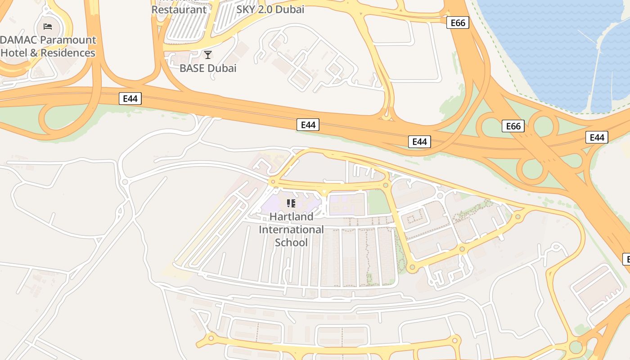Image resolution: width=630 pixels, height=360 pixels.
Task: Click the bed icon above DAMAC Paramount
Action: tap(47, 26)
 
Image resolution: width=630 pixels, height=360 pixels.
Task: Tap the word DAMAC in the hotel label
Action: tap(18, 40)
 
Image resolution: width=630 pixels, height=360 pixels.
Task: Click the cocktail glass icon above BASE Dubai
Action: tap(208, 55)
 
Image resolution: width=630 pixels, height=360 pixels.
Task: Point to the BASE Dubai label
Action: tap(208, 68)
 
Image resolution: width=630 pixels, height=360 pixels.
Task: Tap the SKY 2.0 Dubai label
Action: tap(270, 9)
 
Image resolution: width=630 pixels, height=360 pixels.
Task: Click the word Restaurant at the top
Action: tap(179, 9)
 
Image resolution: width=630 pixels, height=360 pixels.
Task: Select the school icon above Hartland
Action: tap(291, 203)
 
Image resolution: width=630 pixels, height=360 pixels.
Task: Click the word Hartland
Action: tap(291, 216)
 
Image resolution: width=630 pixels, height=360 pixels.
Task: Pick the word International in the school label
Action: tap(291, 229)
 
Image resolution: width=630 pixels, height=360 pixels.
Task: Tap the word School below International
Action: tap(291, 243)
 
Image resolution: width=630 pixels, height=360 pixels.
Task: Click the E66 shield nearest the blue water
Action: tap(458, 22)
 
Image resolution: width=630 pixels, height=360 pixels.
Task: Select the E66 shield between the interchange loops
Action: tap(513, 126)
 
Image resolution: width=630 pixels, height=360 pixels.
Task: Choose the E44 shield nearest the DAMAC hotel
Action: tap(130, 98)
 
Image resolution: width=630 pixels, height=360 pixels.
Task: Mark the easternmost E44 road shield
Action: tap(597, 137)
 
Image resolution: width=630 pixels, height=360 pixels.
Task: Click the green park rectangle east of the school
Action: tap(379, 202)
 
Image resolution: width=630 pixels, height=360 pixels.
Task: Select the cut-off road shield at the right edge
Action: tap(626, 259)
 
